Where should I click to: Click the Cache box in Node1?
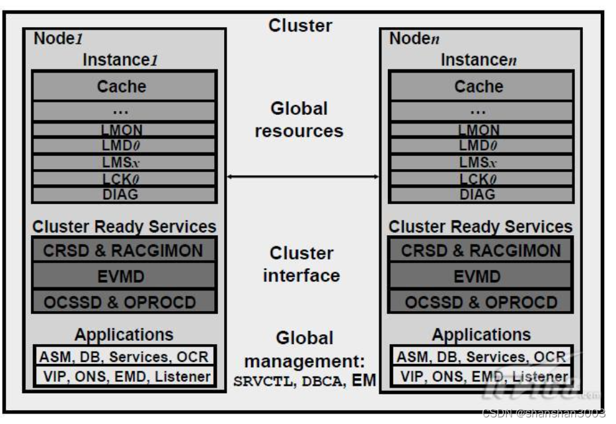pos(124,87)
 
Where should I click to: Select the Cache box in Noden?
pos(481,87)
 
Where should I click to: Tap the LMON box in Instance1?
pos(124,130)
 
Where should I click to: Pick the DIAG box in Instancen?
pos(481,195)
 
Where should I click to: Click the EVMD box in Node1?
pos(124,276)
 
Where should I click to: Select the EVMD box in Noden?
pos(481,276)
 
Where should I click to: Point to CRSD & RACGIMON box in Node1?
pos(124,251)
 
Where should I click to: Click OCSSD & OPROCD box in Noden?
pos(481,302)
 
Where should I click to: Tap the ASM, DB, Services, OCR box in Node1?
pos(124,357)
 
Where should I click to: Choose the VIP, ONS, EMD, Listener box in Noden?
pos(481,377)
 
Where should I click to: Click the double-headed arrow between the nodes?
pos(302,176)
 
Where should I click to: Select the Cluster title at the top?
pos(300,26)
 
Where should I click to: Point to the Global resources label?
pos(299,120)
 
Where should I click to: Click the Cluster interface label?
pos(301,264)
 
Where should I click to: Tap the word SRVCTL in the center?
pos(261,381)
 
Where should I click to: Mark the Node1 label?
pos(58,39)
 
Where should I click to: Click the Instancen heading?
pos(479,60)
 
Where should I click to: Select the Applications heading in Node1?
pos(124,335)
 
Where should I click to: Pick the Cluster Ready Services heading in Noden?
pos(481,227)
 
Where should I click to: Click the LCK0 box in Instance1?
pos(124,179)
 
